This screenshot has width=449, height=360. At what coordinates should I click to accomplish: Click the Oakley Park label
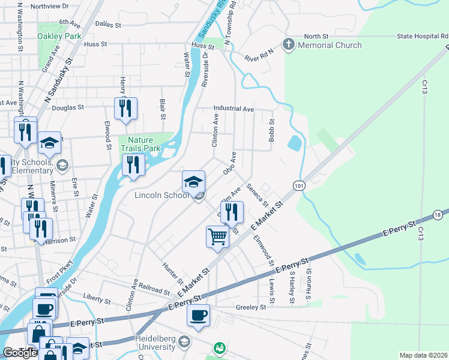59,36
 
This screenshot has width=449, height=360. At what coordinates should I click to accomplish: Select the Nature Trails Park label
143,143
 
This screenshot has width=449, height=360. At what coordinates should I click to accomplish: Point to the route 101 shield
299,187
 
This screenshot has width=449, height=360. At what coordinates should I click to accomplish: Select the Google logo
20,353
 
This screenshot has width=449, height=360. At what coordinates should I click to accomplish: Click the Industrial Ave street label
234,110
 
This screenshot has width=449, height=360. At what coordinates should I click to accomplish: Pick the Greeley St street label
250,307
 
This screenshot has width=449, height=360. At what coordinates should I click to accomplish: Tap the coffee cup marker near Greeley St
198,314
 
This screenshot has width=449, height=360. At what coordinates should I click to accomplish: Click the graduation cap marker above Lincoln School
193,181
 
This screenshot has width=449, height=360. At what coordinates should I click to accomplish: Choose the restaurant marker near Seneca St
232,211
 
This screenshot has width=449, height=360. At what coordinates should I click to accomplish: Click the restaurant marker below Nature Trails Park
133,165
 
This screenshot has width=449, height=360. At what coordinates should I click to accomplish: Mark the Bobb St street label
272,129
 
